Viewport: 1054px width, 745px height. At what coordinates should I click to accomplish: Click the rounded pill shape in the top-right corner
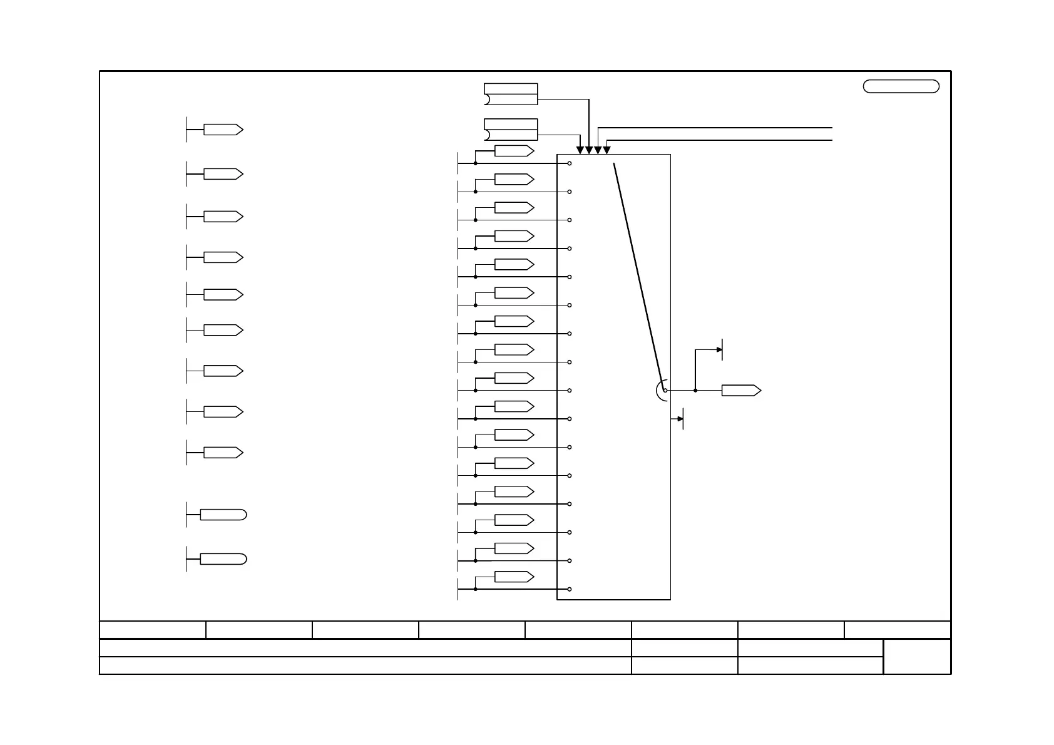click(901, 86)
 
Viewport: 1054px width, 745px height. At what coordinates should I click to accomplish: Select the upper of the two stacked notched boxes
click(511, 94)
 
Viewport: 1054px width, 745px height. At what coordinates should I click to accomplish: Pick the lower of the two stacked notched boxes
click(511, 130)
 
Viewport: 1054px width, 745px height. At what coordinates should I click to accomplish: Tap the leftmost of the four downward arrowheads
click(580, 150)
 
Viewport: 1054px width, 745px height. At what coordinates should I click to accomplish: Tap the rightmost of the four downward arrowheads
click(606, 150)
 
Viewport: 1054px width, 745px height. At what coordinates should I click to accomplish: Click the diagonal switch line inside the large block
click(638, 275)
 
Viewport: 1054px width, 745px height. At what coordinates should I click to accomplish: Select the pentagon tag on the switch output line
click(741, 390)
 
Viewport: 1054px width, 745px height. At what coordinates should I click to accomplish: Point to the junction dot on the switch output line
click(695, 390)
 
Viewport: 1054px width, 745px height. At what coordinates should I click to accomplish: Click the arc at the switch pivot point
click(659, 390)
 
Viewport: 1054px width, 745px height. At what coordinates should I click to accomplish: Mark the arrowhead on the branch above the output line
click(719, 349)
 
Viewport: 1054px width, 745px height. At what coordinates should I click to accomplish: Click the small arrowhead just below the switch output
click(680, 419)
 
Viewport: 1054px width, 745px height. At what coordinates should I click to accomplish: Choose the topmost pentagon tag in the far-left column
click(223, 130)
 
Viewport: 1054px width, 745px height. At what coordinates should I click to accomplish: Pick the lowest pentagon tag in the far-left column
click(223, 453)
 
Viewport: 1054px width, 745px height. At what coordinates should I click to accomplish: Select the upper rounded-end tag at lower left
click(223, 515)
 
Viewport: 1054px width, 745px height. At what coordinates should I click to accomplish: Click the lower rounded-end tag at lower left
click(223, 559)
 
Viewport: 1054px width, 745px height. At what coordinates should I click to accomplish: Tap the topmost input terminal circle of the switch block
click(570, 163)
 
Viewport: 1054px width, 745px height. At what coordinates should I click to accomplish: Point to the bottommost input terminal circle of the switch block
click(570, 589)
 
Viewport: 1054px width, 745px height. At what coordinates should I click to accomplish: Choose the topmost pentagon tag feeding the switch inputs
click(514, 151)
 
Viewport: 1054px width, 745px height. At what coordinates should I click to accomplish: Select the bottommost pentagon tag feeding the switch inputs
click(514, 577)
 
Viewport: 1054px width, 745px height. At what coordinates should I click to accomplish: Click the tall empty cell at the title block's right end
click(917, 657)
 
